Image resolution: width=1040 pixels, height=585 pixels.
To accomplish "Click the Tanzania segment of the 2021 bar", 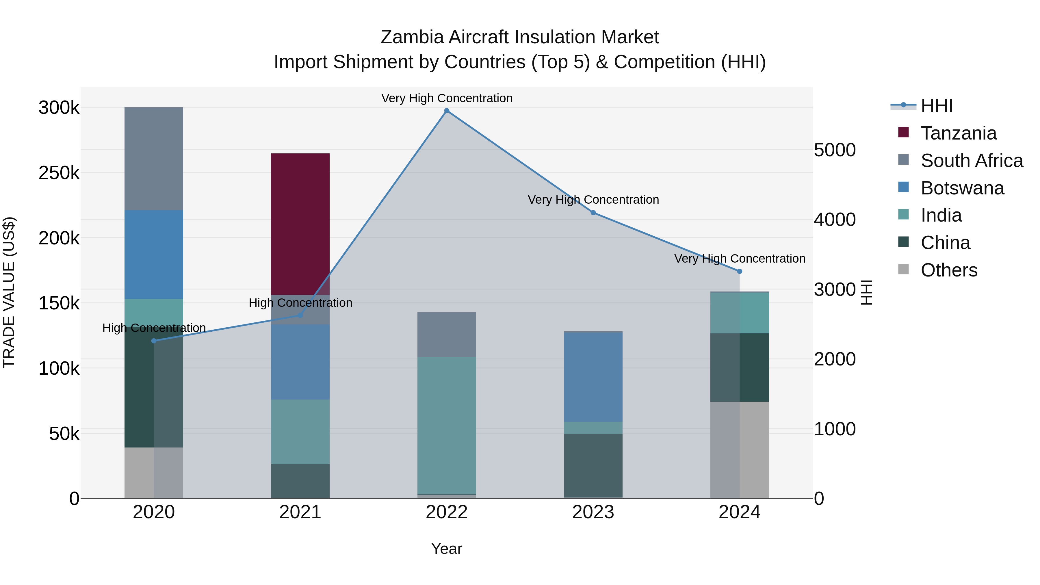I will coord(300,224).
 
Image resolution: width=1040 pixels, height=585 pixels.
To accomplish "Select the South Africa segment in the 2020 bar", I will coord(154,159).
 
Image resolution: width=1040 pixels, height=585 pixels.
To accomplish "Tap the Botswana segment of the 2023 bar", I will coord(593,377).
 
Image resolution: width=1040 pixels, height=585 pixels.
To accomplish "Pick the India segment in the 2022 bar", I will coord(447,426).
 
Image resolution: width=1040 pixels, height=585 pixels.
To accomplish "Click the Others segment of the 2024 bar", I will coord(740,450).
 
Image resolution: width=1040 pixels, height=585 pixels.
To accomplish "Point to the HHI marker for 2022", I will coord(447,111).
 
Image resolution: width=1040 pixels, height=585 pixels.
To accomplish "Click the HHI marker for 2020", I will coord(154,341).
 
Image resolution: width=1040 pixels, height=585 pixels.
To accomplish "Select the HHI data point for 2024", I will coord(740,271).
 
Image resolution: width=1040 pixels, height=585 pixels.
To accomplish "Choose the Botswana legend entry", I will coord(962,188).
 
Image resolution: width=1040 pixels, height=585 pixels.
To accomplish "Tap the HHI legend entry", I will coord(937,106).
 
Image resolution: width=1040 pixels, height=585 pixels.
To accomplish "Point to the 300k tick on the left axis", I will coord(59,108).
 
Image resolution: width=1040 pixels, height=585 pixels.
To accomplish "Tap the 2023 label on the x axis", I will coord(593,512).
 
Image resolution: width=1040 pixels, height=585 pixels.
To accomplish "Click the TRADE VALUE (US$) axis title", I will coord(9,292).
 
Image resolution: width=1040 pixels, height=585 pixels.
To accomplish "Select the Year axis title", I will coord(447,549).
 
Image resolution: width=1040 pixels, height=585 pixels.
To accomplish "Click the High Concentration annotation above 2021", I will coord(300,303).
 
